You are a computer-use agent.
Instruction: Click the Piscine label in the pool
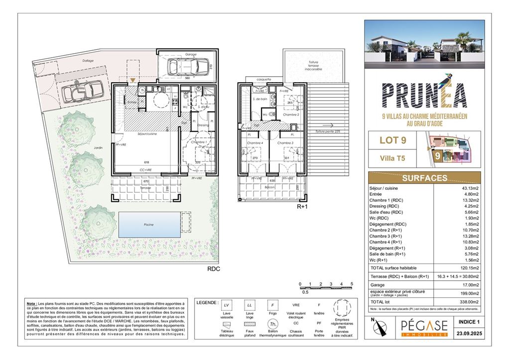coord(149,225)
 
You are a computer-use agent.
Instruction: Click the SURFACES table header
coord(424,178)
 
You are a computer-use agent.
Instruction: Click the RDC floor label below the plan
coord(214,268)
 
